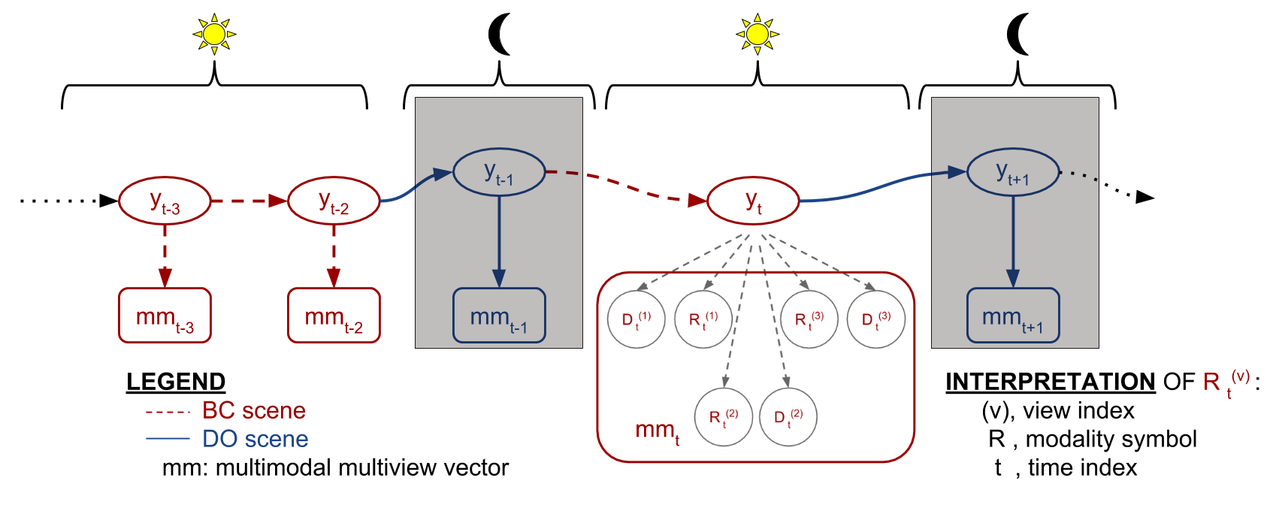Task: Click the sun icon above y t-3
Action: (x=214, y=35)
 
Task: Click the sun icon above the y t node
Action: (x=757, y=35)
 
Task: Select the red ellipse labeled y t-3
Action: (x=165, y=201)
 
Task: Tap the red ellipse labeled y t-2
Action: (x=334, y=201)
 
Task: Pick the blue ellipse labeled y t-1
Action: (x=499, y=172)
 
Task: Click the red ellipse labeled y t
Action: (x=753, y=201)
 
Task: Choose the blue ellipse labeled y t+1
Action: (x=1012, y=172)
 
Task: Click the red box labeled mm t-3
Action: (x=165, y=316)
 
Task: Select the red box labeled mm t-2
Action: (x=334, y=316)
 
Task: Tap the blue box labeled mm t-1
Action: (x=499, y=316)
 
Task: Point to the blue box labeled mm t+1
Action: (x=1012, y=316)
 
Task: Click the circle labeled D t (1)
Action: (x=637, y=319)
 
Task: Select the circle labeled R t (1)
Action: (x=703, y=319)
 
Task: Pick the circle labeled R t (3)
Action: (x=809, y=319)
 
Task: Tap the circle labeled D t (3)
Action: (x=876, y=319)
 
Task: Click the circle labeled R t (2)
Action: (x=724, y=417)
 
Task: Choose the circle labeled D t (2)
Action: (x=788, y=417)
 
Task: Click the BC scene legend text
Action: (x=254, y=411)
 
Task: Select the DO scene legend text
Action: (x=256, y=440)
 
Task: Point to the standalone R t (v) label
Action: (x=1225, y=382)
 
